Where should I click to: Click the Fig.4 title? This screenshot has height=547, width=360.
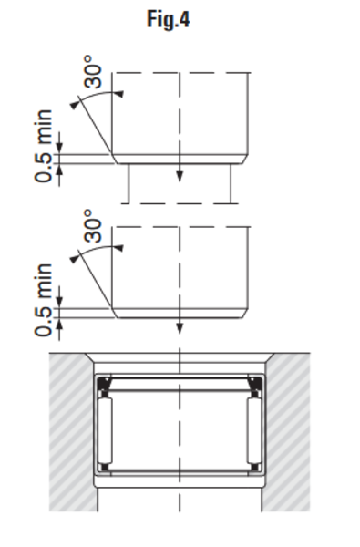(168, 19)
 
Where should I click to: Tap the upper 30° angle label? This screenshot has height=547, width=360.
(93, 71)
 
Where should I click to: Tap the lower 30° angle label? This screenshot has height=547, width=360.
(93, 226)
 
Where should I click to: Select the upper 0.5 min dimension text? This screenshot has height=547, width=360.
(44, 146)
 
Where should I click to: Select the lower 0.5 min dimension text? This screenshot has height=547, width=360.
(44, 300)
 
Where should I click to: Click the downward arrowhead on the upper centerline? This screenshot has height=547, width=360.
(180, 176)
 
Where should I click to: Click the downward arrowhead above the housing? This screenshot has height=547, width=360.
(180, 328)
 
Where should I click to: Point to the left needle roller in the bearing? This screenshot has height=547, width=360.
(105, 430)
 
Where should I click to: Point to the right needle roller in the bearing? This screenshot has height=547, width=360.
(254, 430)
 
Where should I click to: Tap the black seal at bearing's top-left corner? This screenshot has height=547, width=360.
(103, 384)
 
